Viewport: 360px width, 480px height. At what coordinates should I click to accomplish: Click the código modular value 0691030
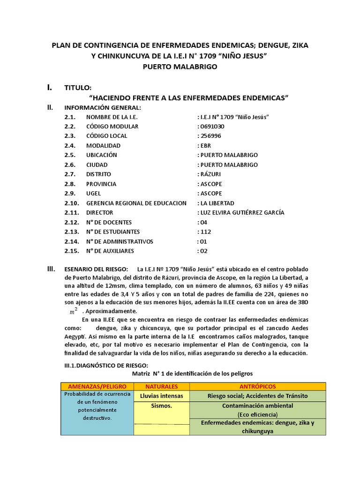click(x=212, y=127)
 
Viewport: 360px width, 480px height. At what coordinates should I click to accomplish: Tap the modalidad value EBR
click(x=205, y=146)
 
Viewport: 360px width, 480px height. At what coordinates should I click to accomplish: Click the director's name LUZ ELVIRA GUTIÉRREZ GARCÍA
click(x=241, y=213)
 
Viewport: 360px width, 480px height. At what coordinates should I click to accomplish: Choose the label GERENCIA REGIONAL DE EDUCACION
click(x=136, y=203)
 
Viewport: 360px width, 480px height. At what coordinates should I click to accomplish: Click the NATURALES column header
click(x=161, y=386)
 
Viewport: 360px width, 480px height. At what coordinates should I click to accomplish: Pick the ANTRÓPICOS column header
click(x=257, y=386)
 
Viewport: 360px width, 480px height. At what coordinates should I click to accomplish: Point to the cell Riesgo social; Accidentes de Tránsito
click(x=257, y=396)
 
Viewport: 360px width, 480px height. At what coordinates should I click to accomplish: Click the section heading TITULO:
click(x=78, y=88)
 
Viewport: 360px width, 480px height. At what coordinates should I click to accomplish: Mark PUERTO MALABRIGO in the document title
click(x=180, y=67)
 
